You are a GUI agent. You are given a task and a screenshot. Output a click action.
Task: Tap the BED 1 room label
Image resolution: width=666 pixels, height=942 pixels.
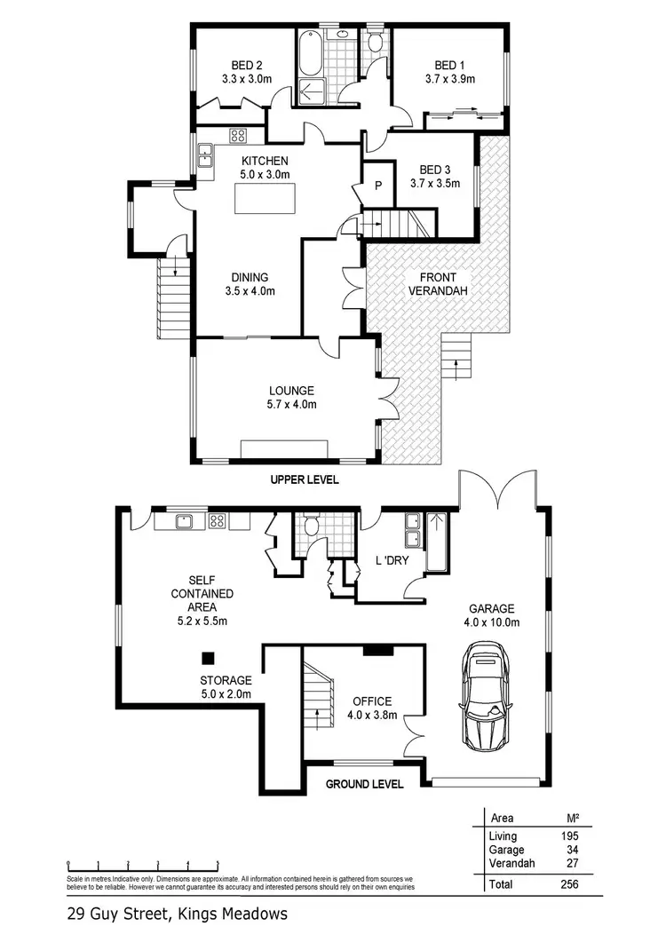tap(449, 66)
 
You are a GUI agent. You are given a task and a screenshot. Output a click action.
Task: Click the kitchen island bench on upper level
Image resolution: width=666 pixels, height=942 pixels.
tap(266, 202)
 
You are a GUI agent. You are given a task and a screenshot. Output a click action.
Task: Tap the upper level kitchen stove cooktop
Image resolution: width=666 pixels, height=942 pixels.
tap(238, 136)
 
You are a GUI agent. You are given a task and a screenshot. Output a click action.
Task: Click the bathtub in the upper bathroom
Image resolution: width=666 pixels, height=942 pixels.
tap(311, 54)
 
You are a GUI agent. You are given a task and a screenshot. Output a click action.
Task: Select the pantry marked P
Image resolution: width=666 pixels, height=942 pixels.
tap(377, 186)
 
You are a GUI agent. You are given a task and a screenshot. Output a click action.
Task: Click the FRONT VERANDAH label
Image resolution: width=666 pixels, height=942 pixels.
tap(437, 283)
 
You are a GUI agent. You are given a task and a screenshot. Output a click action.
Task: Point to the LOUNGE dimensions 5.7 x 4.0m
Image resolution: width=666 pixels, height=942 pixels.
tap(292, 404)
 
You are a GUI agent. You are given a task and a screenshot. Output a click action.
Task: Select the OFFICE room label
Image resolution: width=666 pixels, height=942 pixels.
tap(372, 701)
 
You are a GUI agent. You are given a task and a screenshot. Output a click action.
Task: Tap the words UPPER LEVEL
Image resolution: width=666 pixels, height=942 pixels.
tap(305, 479)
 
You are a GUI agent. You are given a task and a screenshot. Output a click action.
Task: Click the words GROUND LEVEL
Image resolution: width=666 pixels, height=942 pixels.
tap(364, 784)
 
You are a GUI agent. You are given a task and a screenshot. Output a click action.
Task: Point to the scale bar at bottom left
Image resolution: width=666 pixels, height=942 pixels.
tap(143, 862)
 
